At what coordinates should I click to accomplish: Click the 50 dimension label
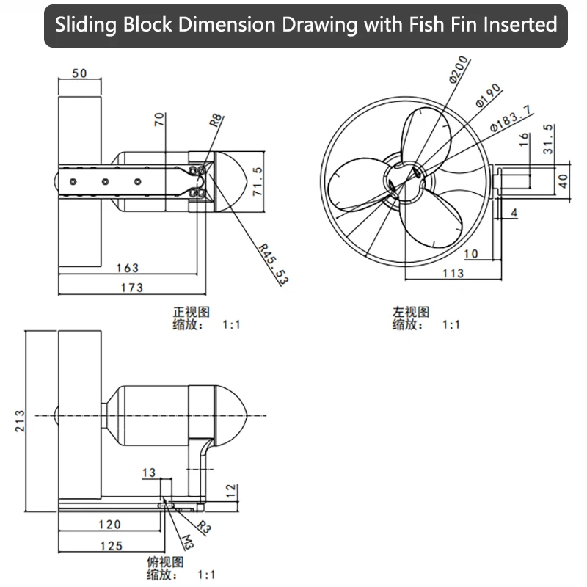[x=79, y=73]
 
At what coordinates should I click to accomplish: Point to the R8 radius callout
[x=216, y=120]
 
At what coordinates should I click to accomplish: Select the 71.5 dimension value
[x=258, y=181]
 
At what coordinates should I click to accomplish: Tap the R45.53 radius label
[x=274, y=263]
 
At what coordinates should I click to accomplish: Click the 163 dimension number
[x=127, y=268]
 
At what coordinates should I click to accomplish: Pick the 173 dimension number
[x=132, y=288]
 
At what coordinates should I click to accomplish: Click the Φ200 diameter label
[x=459, y=70]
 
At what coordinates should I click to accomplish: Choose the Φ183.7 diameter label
[x=510, y=119]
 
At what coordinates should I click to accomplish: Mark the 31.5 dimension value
[x=547, y=139]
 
